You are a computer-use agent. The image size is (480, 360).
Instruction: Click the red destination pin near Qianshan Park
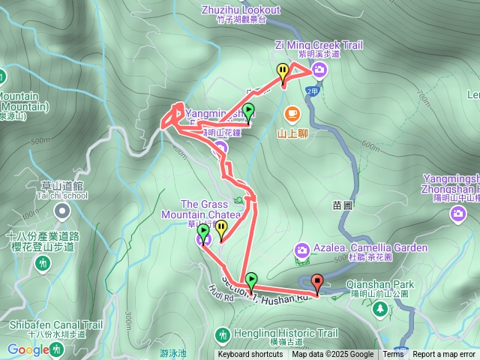(317, 283)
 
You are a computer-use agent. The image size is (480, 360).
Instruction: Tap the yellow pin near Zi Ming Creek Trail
(283, 72)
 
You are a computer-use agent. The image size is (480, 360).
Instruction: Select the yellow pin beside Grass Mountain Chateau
(221, 229)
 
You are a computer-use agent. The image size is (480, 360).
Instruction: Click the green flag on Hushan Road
(251, 280)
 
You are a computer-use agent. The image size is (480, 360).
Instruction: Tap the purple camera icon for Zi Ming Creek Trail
(319, 70)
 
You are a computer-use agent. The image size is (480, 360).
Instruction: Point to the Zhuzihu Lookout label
(241, 10)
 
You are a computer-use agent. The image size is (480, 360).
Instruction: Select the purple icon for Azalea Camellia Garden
(301, 250)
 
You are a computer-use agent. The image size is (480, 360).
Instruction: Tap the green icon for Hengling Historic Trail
(222, 333)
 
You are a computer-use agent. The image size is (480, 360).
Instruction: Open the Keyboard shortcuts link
(250, 355)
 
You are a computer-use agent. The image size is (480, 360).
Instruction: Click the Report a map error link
(444, 355)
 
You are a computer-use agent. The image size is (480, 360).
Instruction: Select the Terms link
(393, 355)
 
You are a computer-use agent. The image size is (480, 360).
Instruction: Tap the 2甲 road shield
(313, 91)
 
